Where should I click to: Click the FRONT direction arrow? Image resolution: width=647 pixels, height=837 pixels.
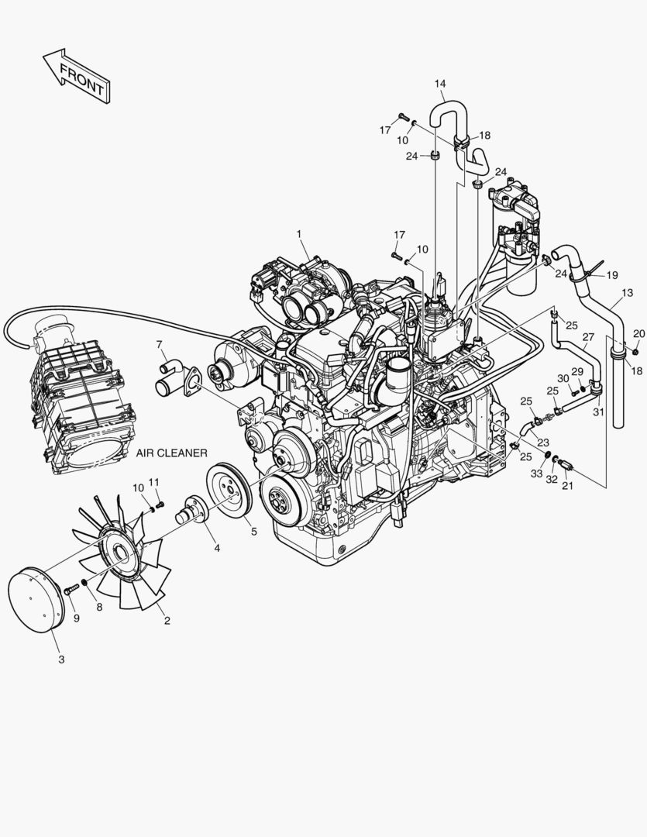click(77, 75)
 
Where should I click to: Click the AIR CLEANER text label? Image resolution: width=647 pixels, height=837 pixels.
click(171, 453)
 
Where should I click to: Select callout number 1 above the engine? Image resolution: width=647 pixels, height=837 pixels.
click(299, 234)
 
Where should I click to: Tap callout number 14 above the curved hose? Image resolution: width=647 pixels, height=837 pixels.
click(440, 84)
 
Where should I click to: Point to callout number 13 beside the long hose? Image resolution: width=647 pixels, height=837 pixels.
click(628, 292)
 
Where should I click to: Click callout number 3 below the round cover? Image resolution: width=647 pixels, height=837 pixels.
click(61, 660)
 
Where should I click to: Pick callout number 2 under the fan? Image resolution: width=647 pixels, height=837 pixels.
click(167, 620)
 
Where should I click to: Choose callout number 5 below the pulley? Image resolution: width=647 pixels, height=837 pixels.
click(254, 532)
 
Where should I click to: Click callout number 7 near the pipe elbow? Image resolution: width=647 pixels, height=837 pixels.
click(159, 344)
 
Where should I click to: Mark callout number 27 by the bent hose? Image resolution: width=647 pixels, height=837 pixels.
click(588, 337)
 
